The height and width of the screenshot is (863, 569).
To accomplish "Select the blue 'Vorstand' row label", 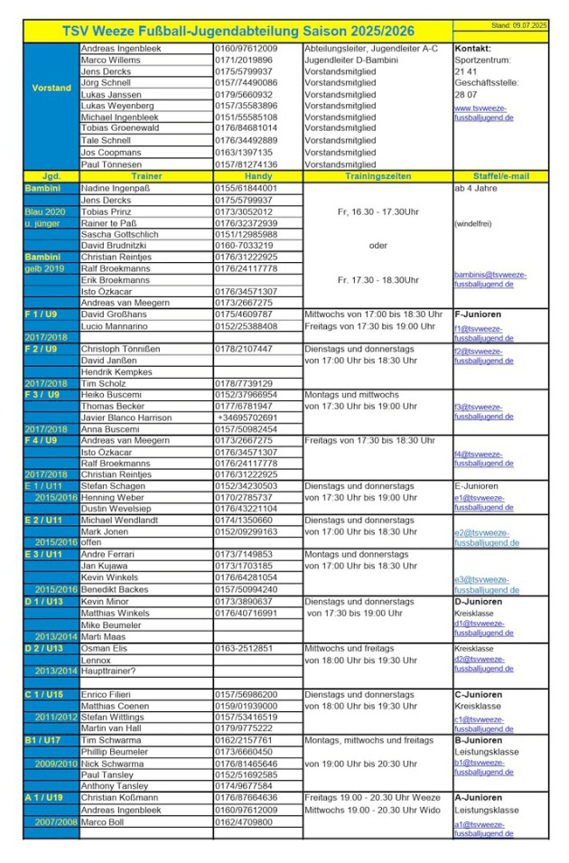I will [x=51, y=89].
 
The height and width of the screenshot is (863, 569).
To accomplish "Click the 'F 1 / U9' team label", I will [x=41, y=314].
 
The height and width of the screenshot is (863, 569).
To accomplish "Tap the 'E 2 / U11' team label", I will [x=44, y=521].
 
